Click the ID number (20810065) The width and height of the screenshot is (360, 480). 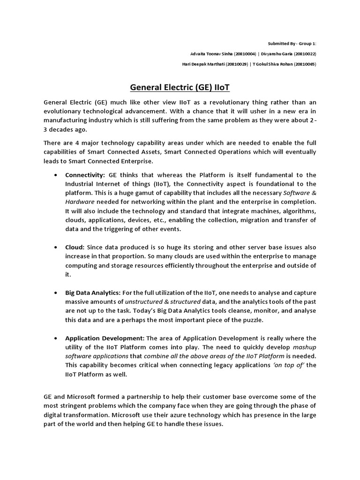click(x=305, y=64)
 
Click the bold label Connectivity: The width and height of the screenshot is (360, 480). click(x=85, y=175)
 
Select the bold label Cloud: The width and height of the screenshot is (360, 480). click(x=75, y=247)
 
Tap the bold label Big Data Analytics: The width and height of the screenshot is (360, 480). click(x=93, y=292)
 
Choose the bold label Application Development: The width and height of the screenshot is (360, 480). click(x=105, y=338)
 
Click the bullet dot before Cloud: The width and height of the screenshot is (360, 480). click(x=56, y=247)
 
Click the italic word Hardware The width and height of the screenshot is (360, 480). click(x=80, y=202)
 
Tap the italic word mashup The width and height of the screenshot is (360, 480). click(x=304, y=347)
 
